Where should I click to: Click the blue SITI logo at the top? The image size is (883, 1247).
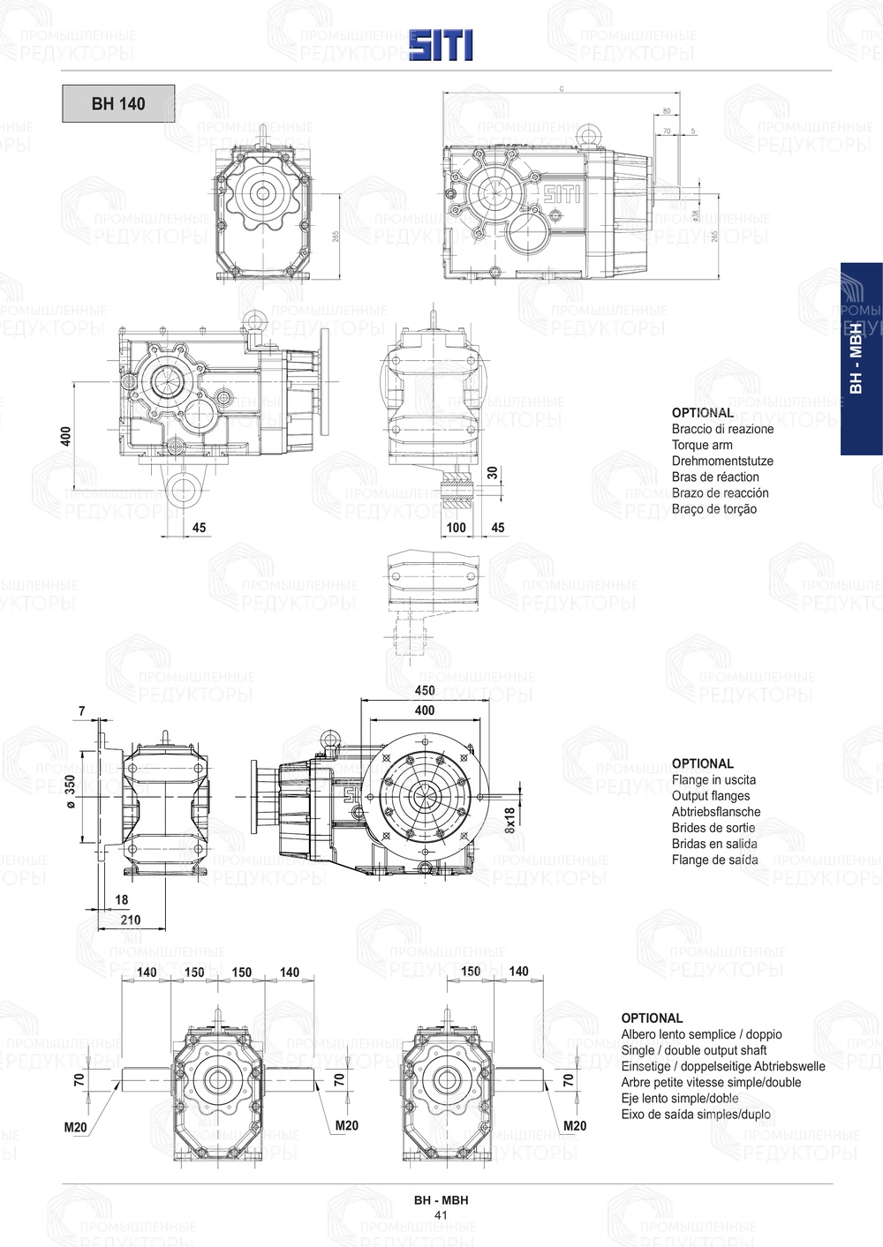(441, 44)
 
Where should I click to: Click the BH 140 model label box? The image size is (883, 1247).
(118, 103)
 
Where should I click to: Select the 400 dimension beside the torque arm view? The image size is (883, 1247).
(66, 435)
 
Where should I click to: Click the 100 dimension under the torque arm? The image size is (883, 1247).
(456, 528)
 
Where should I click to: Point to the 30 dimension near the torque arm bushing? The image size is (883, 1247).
(493, 473)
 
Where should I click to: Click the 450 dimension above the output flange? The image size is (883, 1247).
(425, 691)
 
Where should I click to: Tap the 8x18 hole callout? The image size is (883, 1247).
(509, 821)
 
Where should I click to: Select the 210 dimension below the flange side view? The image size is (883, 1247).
(130, 920)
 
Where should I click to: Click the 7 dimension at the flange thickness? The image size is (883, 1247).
(82, 711)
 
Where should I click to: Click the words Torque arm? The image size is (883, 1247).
(701, 445)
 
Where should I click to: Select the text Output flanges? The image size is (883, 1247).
(710, 795)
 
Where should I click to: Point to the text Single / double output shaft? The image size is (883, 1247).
(693, 1050)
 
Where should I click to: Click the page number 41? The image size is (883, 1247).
(441, 1215)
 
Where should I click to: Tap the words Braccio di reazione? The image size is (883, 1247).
(721, 429)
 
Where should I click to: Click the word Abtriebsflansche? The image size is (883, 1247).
(715, 811)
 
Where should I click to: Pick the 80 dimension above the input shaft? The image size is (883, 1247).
(666, 111)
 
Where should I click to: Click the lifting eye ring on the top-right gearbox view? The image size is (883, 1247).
(587, 136)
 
